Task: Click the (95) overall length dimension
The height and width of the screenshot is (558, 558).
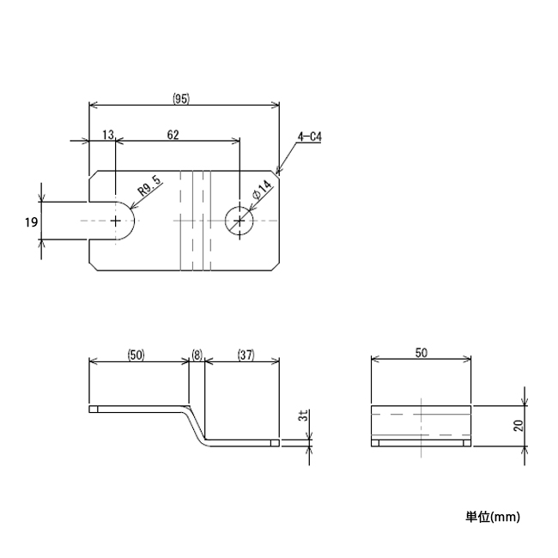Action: click(180, 98)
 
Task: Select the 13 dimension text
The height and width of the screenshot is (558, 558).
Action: click(107, 135)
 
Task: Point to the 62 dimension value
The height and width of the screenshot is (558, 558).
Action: click(173, 135)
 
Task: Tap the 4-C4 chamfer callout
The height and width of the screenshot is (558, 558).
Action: click(309, 136)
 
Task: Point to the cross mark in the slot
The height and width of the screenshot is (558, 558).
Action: click(117, 221)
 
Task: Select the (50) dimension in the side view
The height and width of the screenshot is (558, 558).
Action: click(136, 355)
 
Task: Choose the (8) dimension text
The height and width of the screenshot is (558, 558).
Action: click(197, 355)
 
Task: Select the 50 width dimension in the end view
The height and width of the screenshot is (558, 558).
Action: click(422, 353)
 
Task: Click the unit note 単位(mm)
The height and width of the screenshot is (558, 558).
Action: click(493, 517)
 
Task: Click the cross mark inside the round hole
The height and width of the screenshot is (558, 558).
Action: click(240, 221)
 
